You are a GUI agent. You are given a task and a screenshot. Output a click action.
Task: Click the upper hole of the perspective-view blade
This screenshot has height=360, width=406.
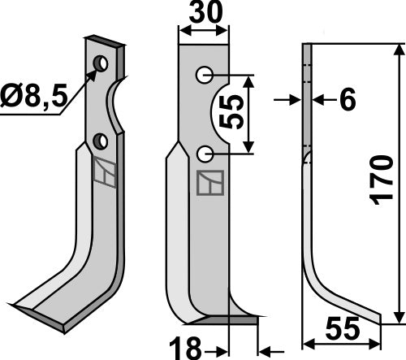click(100, 63)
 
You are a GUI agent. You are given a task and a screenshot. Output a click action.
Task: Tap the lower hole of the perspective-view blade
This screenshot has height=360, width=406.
click(101, 141)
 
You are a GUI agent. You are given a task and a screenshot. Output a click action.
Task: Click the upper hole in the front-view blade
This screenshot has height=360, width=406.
click(203, 76)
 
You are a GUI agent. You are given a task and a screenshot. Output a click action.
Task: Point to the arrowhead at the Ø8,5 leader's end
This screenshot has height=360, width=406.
click(95, 70)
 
